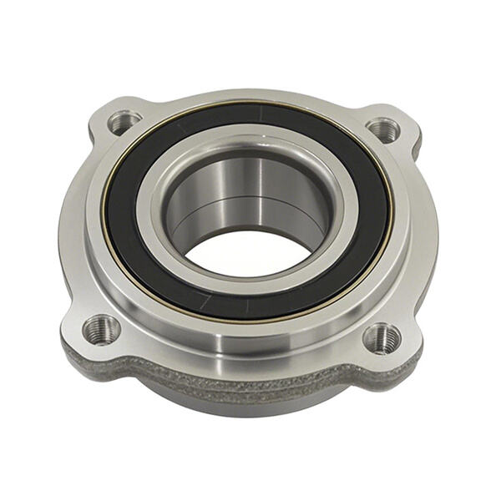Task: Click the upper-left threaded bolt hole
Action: [x=124, y=123]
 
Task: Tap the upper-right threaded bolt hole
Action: [x=382, y=129]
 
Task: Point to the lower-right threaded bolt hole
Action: [x=382, y=337]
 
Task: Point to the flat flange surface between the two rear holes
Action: [x=250, y=99]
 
